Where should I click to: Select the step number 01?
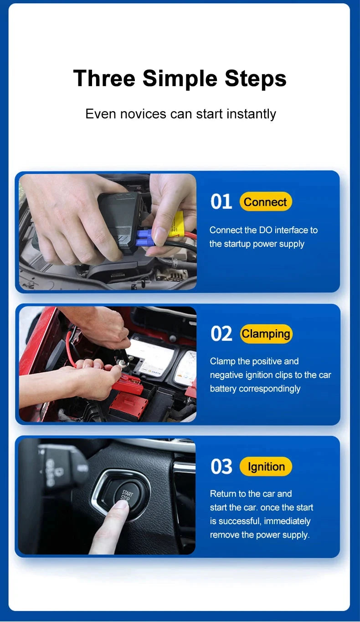click(221, 202)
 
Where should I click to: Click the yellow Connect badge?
click(265, 202)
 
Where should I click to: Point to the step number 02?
click(221, 334)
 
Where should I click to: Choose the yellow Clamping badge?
click(266, 334)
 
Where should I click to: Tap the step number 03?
click(221, 467)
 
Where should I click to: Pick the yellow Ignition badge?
click(266, 467)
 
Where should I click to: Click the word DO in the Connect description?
click(265, 230)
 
